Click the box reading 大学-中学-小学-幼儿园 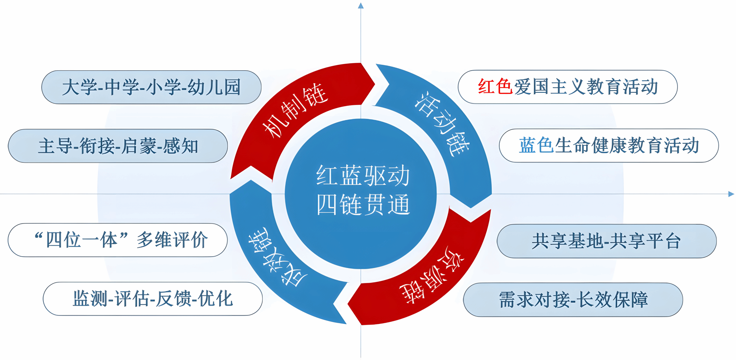(151, 87)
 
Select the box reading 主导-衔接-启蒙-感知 (118, 146)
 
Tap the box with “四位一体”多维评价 (118, 240)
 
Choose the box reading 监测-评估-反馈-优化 (153, 299)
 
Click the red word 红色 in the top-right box (495, 87)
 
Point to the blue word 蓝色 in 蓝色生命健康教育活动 (536, 145)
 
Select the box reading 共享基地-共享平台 (607, 241)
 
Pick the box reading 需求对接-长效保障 (573, 300)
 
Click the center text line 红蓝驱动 (363, 176)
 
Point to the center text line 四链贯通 (363, 204)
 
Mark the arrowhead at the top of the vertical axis (361, 5)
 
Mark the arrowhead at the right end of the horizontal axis (731, 194)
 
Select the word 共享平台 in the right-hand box (645, 241)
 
